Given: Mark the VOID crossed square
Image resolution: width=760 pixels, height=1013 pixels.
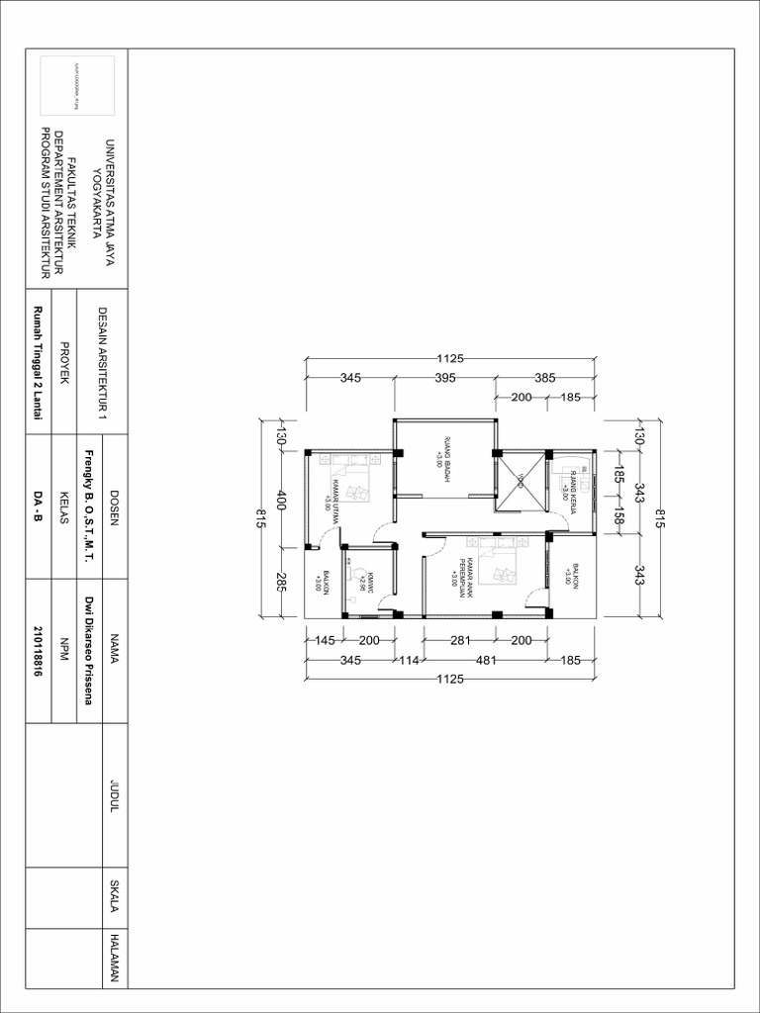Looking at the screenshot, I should (521, 481).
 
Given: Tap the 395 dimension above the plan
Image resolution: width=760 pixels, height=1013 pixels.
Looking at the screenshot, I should (445, 378).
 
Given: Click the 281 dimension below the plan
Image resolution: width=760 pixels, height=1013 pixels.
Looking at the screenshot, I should (459, 640).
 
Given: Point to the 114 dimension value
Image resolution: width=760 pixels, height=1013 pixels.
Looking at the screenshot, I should (410, 660).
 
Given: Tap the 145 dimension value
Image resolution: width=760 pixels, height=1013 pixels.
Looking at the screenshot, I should (325, 640).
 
